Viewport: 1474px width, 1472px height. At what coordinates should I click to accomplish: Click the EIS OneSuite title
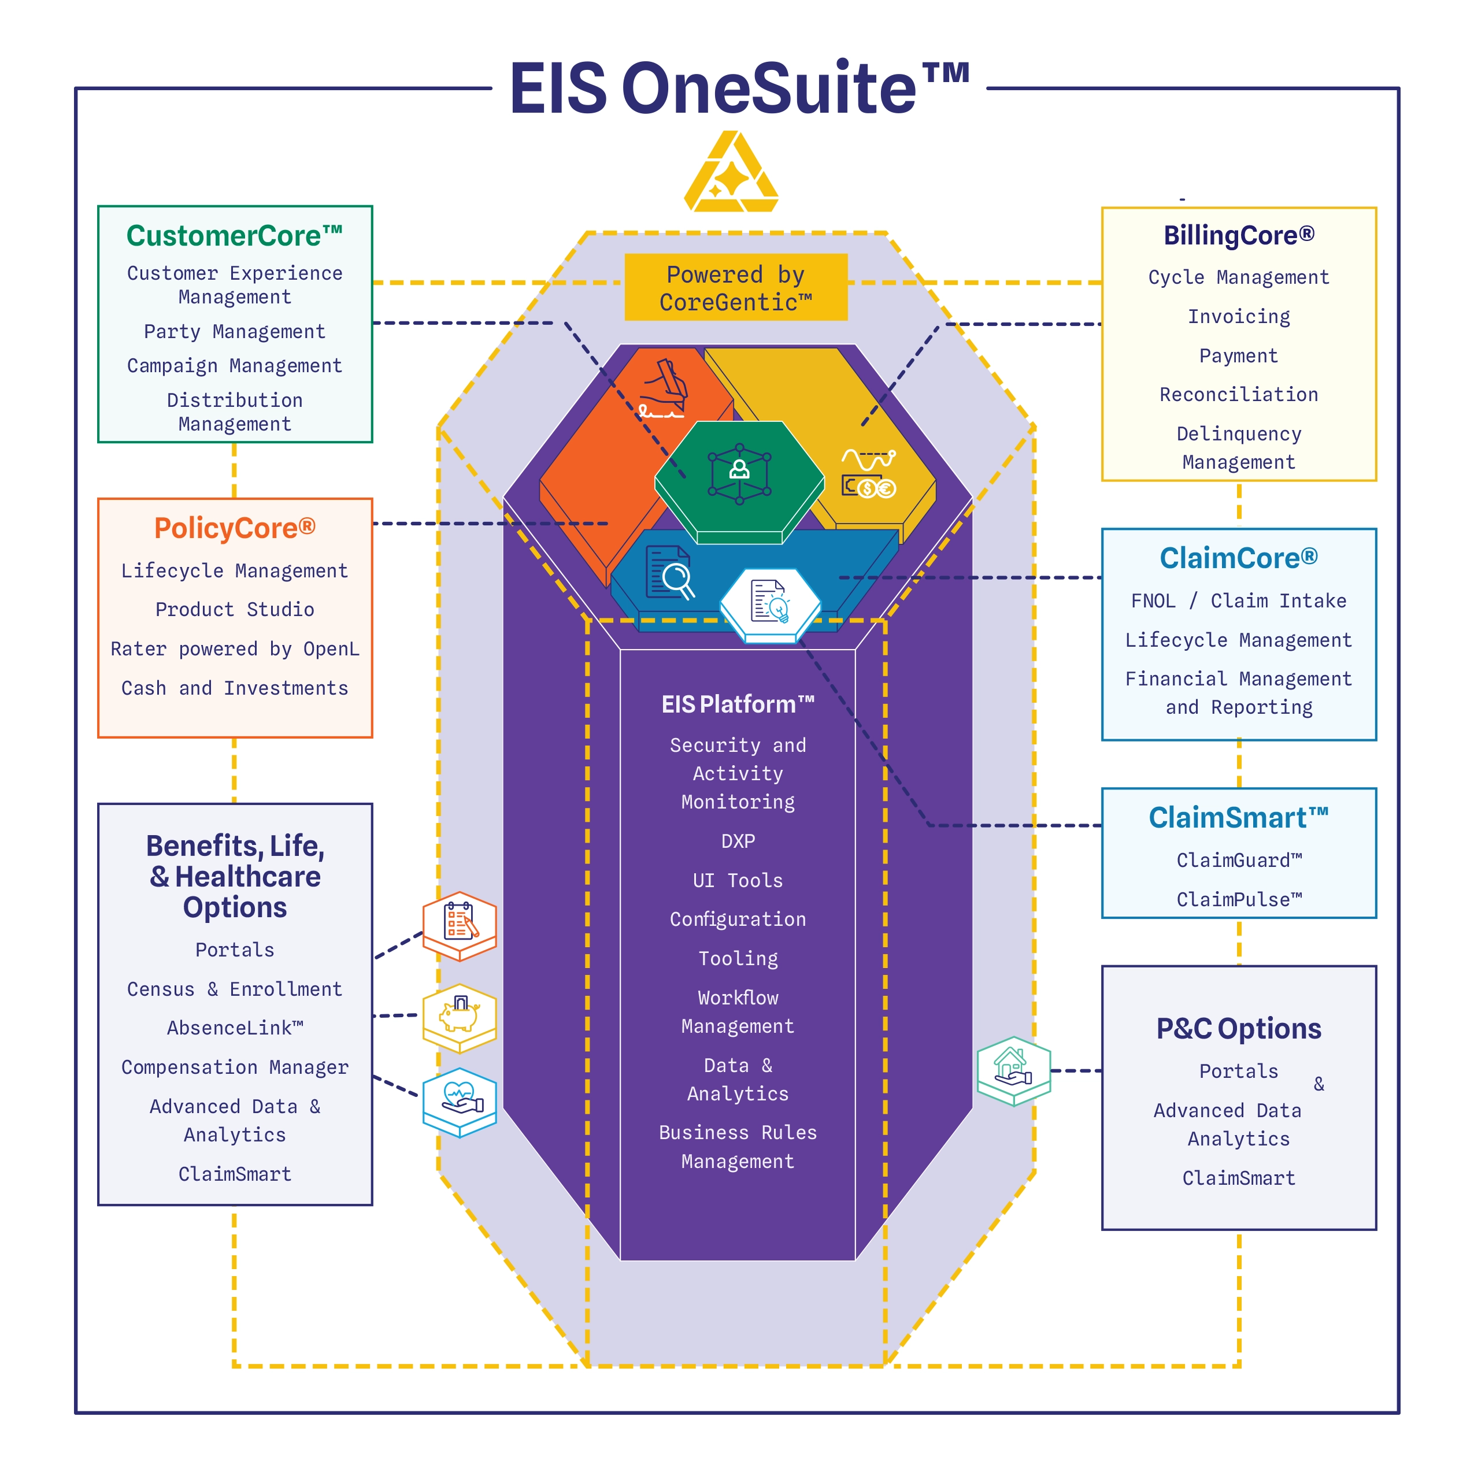[739, 88]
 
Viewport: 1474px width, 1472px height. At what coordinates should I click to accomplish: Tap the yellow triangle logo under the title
[731, 174]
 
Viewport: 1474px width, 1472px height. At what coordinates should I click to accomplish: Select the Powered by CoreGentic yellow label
[735, 288]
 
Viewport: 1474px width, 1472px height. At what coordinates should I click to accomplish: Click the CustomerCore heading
[234, 236]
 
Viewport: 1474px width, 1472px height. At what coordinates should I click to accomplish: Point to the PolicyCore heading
[234, 528]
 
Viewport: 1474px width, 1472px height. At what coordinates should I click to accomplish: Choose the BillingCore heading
[1238, 236]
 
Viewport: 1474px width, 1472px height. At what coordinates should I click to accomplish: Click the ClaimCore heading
[1238, 558]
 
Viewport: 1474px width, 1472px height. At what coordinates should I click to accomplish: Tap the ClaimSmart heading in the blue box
[1238, 818]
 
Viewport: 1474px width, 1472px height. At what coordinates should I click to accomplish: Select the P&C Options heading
[1238, 1028]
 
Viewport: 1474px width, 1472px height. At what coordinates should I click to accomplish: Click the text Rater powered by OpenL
[234, 649]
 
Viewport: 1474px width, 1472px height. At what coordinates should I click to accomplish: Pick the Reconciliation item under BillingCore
[1238, 394]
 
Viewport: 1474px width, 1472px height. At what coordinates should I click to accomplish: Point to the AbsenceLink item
[234, 1028]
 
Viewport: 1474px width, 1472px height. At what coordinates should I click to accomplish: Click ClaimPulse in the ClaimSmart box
[1238, 900]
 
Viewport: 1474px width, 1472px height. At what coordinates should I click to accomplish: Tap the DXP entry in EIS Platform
[738, 841]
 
